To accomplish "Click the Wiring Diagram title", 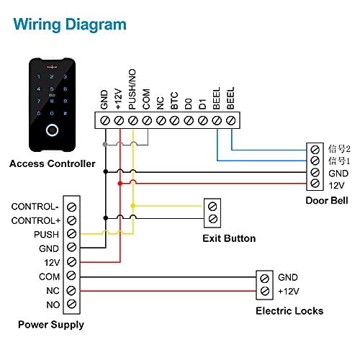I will point(70,24).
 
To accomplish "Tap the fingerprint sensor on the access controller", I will point(51,132).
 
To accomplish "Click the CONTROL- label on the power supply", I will point(35,207).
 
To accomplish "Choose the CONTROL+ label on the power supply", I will point(35,220).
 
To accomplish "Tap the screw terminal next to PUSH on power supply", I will point(71,235).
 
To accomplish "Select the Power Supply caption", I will point(51,325).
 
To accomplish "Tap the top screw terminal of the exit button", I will point(212,206).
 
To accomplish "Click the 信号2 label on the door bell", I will point(338,148).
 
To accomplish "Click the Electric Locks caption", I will point(289,311).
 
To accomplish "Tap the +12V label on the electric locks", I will point(289,291).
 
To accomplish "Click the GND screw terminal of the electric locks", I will point(264,277).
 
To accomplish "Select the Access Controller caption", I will point(52,164).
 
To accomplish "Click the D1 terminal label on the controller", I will point(202,103).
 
